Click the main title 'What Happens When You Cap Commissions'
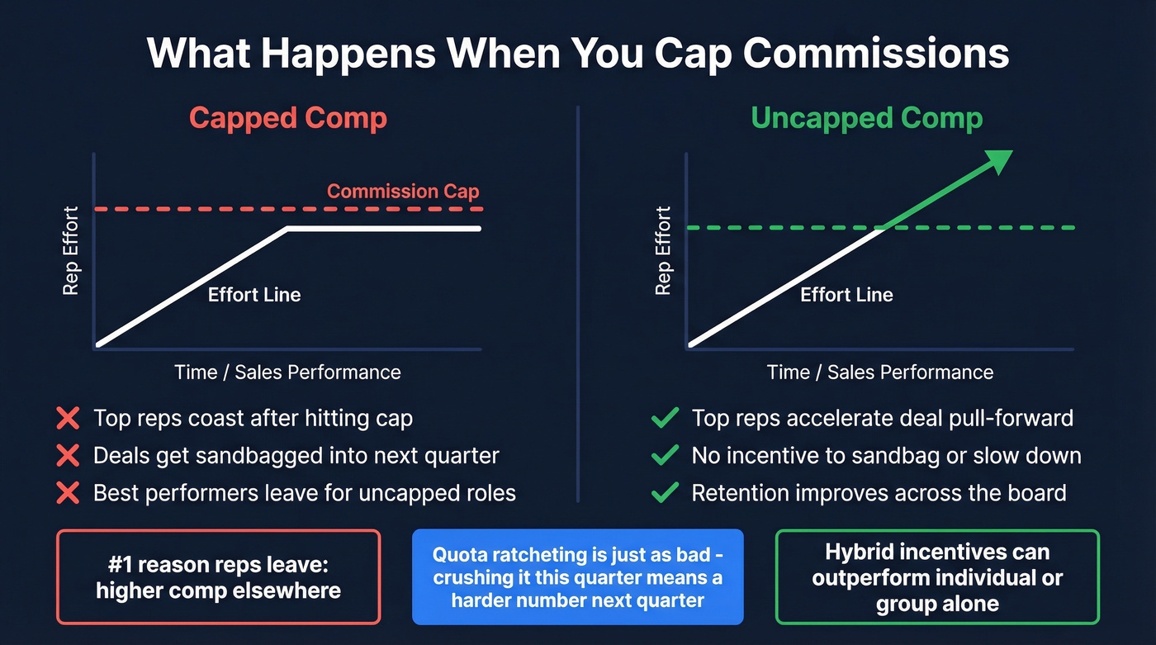[578, 53]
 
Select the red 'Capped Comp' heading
[287, 118]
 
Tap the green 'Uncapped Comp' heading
[866, 118]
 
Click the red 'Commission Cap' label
[403, 192]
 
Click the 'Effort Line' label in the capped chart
[254, 295]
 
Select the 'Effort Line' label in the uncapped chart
[846, 295]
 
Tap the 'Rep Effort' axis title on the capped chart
[71, 251]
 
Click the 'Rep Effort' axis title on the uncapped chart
[663, 251]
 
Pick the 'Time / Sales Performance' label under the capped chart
[287, 372]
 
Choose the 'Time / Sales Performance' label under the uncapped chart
[879, 372]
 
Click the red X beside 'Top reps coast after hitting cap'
[68, 419]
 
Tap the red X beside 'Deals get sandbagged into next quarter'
[68, 456]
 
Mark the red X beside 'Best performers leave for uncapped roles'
[68, 494]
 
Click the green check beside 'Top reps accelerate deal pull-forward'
[665, 419]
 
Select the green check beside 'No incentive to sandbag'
[665, 456]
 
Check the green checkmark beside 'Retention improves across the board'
[665, 494]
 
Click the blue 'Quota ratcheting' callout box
[577, 576]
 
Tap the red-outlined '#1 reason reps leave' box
[218, 576]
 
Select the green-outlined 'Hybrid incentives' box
[937, 576]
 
